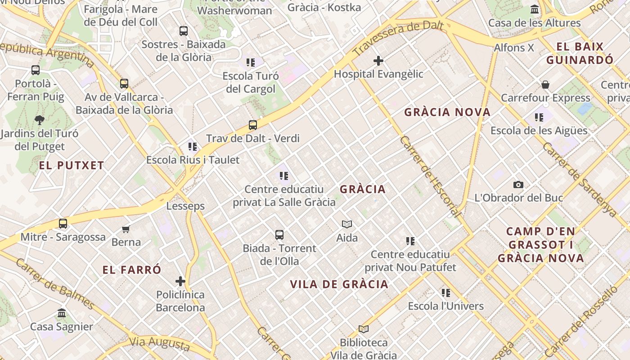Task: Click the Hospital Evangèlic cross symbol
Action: (378, 60)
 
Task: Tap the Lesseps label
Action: (185, 206)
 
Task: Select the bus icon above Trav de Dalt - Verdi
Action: (253, 125)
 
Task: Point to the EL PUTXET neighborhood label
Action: (72, 165)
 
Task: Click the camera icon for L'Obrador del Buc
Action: (518, 184)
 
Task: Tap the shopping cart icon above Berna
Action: (126, 229)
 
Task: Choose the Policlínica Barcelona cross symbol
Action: (180, 281)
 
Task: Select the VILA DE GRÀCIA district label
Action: (339, 284)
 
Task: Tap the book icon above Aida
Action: (347, 224)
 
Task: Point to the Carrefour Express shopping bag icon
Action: (545, 85)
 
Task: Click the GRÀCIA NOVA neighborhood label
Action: (447, 112)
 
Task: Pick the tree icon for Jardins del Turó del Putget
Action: (40, 120)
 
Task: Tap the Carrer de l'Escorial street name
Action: (430, 176)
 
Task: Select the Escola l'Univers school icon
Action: (446, 293)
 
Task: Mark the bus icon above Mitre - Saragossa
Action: (63, 224)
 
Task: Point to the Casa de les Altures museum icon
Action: (535, 9)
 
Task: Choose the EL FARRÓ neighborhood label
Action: (132, 270)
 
